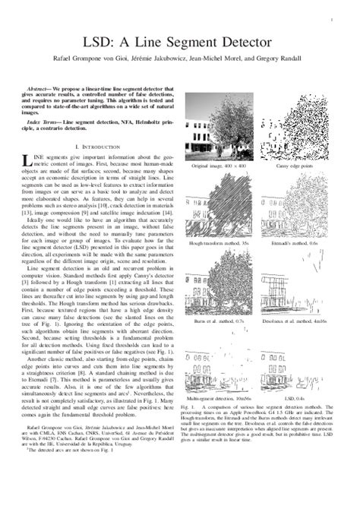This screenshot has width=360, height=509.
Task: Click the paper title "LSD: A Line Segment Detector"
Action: (181, 39)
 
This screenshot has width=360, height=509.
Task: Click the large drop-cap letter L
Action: (30, 159)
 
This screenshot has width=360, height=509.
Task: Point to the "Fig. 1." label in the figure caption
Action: (193, 407)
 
